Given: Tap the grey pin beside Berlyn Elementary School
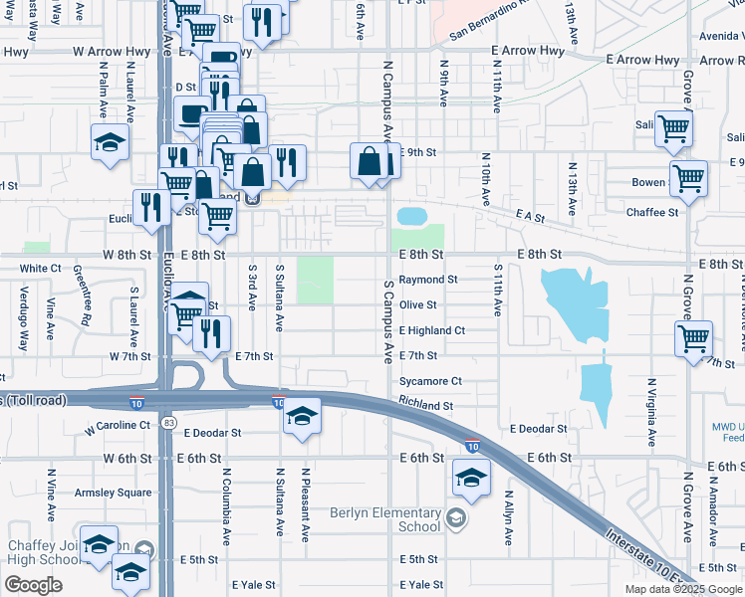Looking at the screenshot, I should coord(455,516).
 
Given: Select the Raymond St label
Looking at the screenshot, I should coord(428,281).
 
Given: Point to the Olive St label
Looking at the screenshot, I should coord(418,305).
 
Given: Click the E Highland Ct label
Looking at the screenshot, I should coord(432,330).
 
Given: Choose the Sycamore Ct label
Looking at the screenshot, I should coord(430,381).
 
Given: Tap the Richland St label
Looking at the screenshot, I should coord(426,406).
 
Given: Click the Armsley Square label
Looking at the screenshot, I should coord(114,493).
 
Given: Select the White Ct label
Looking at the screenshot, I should coord(41,269).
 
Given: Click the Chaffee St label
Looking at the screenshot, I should coord(652,212).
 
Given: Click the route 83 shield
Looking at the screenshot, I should coord(170,423).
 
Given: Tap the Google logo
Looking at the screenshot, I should coord(33,585).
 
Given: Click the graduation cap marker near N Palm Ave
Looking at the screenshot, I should coord(110,142).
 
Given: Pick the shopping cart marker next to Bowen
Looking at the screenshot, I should coord(688,180).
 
